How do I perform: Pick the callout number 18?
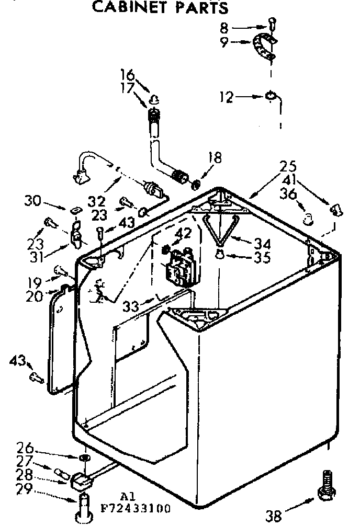[x=215, y=157]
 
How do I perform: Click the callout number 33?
[x=131, y=306]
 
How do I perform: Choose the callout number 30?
[x=32, y=200]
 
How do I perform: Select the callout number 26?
[x=26, y=449]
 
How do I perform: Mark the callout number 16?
[x=128, y=75]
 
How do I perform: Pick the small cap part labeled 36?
[x=309, y=216]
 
